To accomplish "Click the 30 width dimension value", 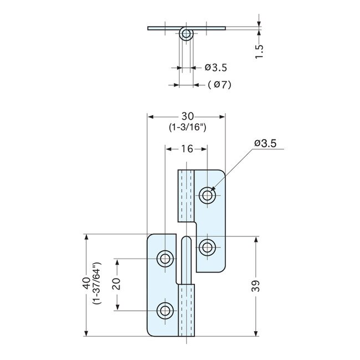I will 187,116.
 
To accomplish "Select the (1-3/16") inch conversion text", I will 187,127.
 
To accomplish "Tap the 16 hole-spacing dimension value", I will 186,148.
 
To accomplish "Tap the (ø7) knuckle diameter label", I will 219,85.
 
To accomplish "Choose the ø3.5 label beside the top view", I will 215,68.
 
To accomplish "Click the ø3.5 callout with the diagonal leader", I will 265,143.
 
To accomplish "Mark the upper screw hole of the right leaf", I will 208,195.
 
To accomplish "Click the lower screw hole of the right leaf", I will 208,248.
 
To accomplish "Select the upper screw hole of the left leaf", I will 165,258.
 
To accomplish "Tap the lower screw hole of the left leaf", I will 165,311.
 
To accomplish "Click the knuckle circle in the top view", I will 187,34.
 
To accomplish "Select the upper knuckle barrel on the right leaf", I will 186,195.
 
